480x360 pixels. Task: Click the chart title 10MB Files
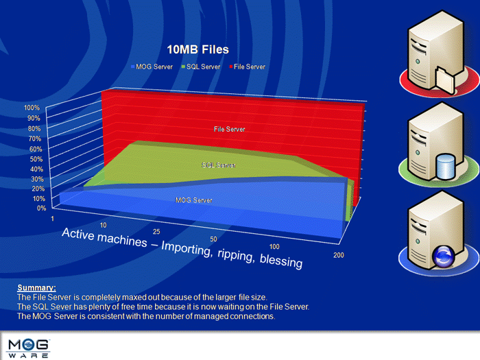[x=197, y=49]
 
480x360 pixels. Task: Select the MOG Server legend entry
[x=152, y=67]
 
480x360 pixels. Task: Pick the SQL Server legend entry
[x=201, y=67]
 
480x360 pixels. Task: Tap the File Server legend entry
[x=248, y=67]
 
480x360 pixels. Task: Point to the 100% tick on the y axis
[x=32, y=108]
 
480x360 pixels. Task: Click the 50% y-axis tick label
[x=36, y=159]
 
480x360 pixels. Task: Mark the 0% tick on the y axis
[x=42, y=208]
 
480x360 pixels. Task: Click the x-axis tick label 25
[x=156, y=232]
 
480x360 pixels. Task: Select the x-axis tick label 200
[x=339, y=255]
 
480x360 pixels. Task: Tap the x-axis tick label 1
[x=52, y=219]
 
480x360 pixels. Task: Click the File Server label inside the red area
[x=229, y=129]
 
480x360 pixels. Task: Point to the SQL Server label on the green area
[x=219, y=165]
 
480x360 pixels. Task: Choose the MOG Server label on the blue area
[x=194, y=200]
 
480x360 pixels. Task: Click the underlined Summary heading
[x=37, y=288]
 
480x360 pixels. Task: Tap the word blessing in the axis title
[x=281, y=261]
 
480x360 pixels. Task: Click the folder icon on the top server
[x=446, y=80]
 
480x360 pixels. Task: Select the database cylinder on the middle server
[x=446, y=167]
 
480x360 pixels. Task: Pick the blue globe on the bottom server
[x=443, y=256]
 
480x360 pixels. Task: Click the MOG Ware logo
[x=28, y=348]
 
